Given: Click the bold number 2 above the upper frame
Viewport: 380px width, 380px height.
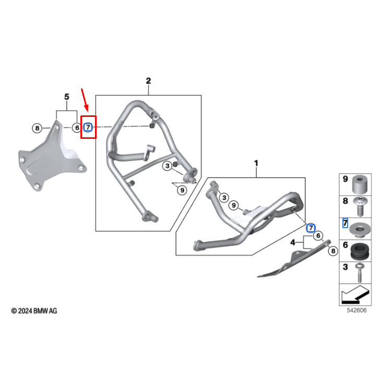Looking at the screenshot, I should (x=148, y=81).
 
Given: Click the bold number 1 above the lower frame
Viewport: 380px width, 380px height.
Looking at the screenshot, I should (x=256, y=163).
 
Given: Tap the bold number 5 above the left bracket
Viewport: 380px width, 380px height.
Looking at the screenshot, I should (x=66, y=97).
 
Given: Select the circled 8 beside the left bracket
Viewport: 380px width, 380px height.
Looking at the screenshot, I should (x=37, y=128).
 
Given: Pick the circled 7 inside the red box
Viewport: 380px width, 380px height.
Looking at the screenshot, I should (x=88, y=127).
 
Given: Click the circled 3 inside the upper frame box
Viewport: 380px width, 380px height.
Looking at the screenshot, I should (x=167, y=166).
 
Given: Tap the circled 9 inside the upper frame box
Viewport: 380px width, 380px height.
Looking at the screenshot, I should (x=182, y=191).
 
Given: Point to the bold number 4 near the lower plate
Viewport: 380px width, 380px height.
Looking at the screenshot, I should (x=293, y=242).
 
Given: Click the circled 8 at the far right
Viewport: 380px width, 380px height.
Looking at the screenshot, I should (x=332, y=252).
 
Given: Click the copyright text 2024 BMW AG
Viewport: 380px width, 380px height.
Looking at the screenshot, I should (x=34, y=311).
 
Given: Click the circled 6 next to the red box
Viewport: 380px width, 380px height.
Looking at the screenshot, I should (x=76, y=127).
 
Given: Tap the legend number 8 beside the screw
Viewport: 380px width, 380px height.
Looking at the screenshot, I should (x=345, y=200).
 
